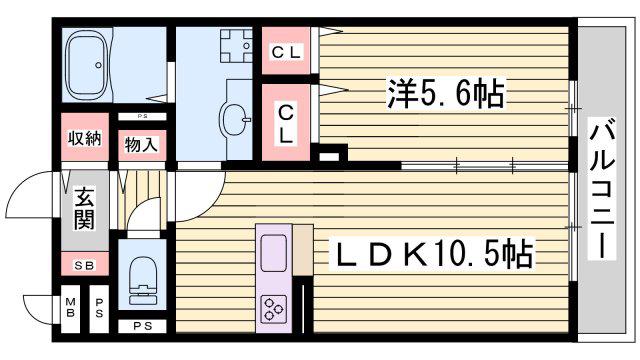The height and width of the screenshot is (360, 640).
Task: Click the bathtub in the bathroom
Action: click(x=87, y=64)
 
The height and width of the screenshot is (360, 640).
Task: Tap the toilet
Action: click(x=143, y=280)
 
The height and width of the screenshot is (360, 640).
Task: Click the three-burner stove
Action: click(x=273, y=309)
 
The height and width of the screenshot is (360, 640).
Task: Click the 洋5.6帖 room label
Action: click(x=446, y=93)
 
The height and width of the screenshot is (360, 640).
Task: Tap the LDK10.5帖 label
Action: click(x=432, y=254)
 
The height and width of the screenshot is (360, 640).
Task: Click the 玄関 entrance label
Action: click(x=84, y=208)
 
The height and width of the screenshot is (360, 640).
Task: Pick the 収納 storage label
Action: click(x=84, y=139)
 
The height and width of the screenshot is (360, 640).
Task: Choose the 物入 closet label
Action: click(x=141, y=145)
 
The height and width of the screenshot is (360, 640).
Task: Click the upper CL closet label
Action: click(x=286, y=52)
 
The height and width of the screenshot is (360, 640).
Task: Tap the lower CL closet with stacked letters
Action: click(x=286, y=124)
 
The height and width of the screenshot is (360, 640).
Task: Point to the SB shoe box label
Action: click(x=84, y=265)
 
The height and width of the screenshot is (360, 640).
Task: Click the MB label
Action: click(x=71, y=308)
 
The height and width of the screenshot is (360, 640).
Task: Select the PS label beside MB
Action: click(x=99, y=308)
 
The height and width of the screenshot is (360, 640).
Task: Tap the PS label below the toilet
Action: click(x=143, y=326)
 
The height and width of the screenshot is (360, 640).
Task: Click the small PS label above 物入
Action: click(x=142, y=116)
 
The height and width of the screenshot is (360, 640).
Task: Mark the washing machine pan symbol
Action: click(x=236, y=45)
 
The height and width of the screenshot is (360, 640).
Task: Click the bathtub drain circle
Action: click(x=98, y=65)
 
